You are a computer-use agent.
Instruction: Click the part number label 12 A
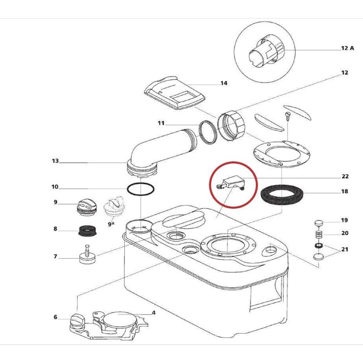click(x=347, y=48)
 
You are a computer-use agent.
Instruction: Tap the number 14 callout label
click(x=224, y=83)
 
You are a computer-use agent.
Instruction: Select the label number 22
click(x=345, y=177)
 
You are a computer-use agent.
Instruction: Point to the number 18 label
click(x=345, y=191)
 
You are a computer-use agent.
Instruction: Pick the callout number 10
click(x=55, y=187)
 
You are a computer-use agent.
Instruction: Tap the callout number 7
click(x=55, y=256)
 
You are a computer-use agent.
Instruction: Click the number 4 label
click(x=154, y=312)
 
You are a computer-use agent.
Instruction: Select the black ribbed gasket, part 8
click(x=86, y=231)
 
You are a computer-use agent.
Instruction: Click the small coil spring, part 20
click(x=319, y=235)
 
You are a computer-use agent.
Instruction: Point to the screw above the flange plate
click(x=287, y=114)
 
